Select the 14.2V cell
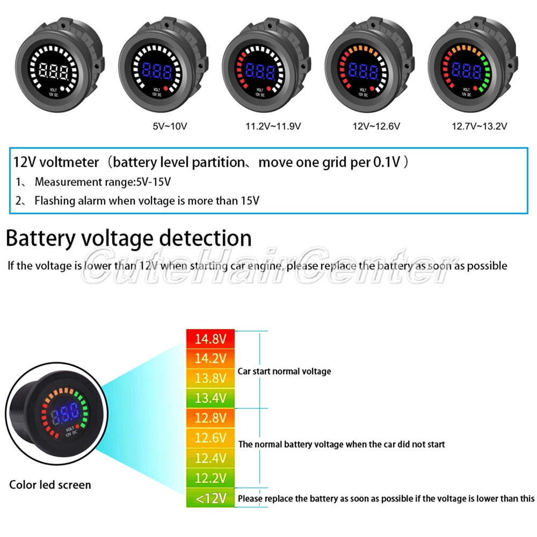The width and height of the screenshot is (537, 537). click(x=210, y=358)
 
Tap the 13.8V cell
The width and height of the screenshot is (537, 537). click(x=210, y=378)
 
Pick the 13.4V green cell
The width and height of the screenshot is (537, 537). click(x=210, y=397)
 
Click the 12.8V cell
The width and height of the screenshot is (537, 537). click(x=210, y=417)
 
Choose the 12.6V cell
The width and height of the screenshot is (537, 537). click(x=210, y=438)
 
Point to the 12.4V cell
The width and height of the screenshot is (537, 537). click(x=210, y=458)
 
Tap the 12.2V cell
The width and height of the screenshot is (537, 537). click(x=210, y=478)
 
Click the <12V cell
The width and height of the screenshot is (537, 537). click(x=210, y=498)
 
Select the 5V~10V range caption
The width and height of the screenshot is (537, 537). click(x=170, y=127)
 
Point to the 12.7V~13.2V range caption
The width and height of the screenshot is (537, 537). click(x=480, y=127)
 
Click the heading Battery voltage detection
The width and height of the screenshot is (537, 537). click(x=129, y=238)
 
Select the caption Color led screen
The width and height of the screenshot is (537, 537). click(x=50, y=485)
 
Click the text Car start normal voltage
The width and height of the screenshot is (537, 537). click(x=285, y=371)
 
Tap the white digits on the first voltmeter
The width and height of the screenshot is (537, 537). click(x=52, y=70)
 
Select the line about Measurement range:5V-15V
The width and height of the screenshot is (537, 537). click(x=102, y=182)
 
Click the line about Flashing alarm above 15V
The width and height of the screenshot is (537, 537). click(x=147, y=201)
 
